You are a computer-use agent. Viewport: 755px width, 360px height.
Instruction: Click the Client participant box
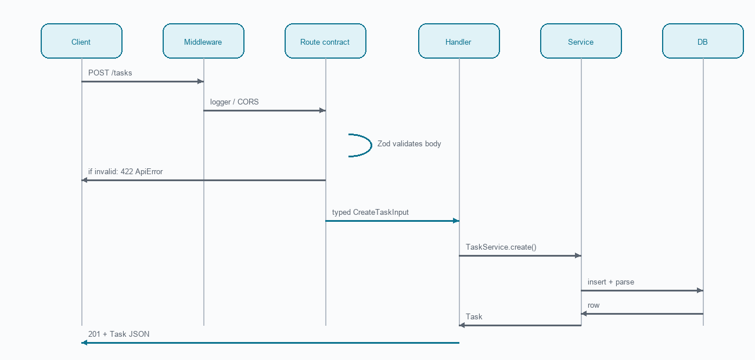coord(81,41)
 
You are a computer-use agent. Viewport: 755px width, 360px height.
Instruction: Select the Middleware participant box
coord(204,41)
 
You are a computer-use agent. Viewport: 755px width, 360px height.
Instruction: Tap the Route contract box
coord(326,41)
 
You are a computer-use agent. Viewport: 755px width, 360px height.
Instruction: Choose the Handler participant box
coord(459,41)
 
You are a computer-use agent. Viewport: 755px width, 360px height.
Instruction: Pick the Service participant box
coord(581,41)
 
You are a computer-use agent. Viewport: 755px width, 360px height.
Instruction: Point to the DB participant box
coord(703,41)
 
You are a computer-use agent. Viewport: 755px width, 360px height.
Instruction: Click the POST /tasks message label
coord(110,73)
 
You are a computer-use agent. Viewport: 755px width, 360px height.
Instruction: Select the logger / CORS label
coord(234,102)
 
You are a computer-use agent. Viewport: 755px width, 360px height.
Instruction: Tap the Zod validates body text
coord(409,143)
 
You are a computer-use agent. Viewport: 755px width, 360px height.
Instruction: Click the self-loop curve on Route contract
coord(372,145)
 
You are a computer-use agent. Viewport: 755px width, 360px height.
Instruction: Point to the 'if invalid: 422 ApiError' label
coord(125,171)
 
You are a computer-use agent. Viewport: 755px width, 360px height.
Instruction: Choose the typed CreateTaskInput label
coord(370,213)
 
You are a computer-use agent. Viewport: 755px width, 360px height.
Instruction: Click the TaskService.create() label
coord(501,247)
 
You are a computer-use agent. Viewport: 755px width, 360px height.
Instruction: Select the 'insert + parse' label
coord(611,282)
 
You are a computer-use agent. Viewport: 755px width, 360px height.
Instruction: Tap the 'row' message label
coord(594,305)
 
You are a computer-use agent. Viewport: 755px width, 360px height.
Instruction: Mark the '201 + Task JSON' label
coord(118,334)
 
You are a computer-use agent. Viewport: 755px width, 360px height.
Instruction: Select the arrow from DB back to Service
coord(642,314)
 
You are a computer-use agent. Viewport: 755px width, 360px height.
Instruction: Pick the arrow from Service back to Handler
coord(520,325)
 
